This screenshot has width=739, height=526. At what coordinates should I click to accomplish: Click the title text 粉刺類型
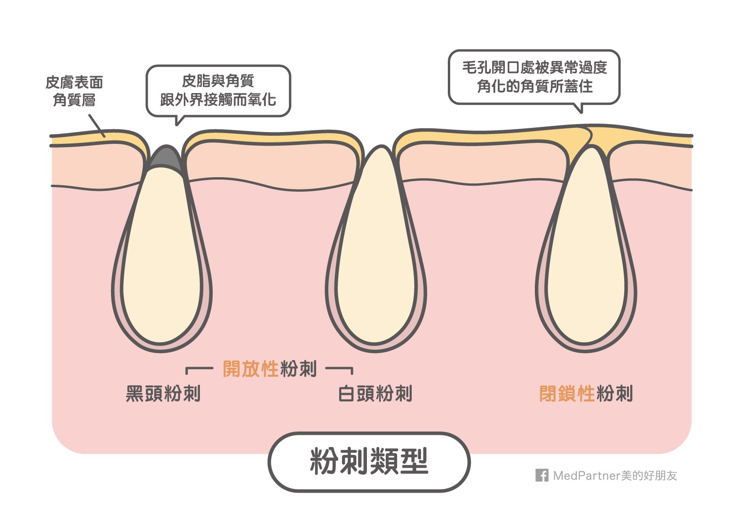coord(369,462)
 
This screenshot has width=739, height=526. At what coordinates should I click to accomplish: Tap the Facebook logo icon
coord(541,475)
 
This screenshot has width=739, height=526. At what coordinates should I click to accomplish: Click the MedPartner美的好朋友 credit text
coord(615,476)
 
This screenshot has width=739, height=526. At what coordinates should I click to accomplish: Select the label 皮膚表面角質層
coord(74,91)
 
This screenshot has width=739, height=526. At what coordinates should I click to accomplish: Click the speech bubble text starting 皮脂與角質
coord(218,90)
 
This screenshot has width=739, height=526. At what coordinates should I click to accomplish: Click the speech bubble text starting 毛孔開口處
coord(534,77)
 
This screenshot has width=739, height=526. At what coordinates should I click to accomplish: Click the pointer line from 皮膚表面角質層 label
coord(97,126)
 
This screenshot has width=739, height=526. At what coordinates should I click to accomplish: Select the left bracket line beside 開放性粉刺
coord(198,369)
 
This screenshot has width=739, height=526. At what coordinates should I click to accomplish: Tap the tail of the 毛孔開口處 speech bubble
coord(580,108)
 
